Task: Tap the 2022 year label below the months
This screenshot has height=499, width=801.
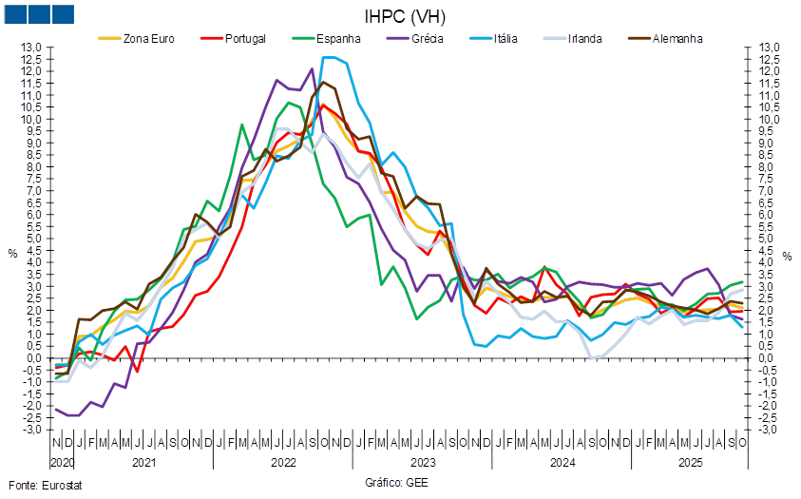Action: pos(282,462)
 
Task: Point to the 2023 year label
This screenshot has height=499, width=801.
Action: pos(422,462)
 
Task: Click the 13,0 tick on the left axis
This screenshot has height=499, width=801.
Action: pos(33,48)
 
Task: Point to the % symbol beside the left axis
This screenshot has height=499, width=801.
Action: pos(12,254)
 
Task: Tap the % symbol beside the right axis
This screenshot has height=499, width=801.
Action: pos(787,255)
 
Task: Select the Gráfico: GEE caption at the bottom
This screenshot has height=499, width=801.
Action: pos(396,482)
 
